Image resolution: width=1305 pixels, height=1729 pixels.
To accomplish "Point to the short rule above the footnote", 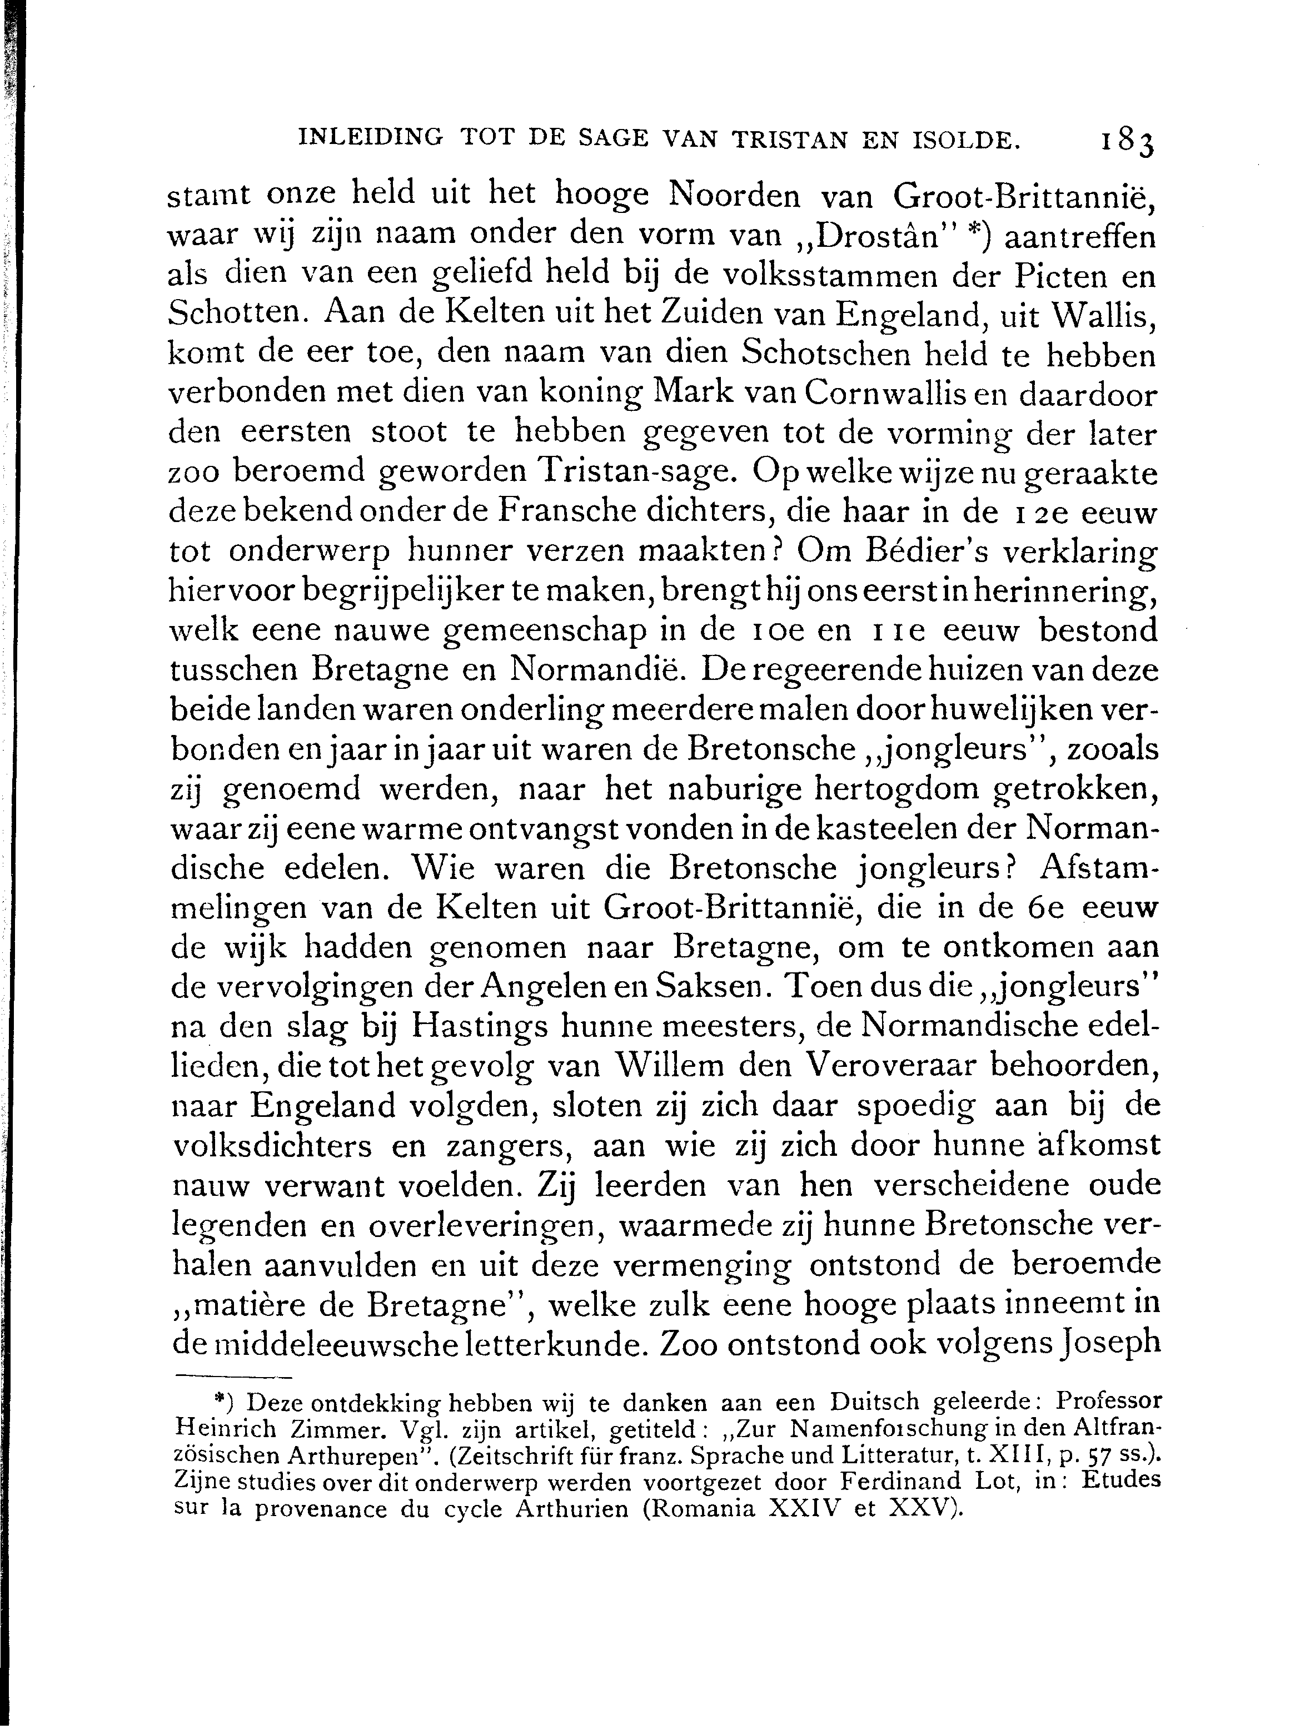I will [x=232, y=1377].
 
